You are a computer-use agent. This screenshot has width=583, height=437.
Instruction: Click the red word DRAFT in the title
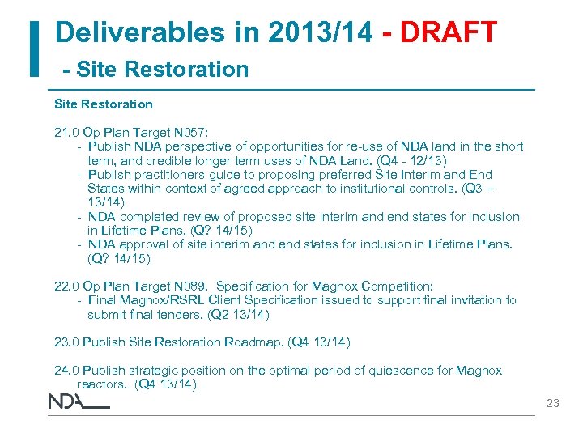(x=449, y=32)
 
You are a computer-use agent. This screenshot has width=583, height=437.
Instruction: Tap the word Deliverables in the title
(x=129, y=32)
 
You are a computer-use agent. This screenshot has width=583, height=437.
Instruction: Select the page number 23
(x=553, y=402)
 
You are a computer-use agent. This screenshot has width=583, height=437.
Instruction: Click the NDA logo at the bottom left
(x=79, y=401)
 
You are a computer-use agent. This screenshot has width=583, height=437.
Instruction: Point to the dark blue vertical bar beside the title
(x=35, y=49)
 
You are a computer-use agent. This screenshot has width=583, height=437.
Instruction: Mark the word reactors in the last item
(x=102, y=384)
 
